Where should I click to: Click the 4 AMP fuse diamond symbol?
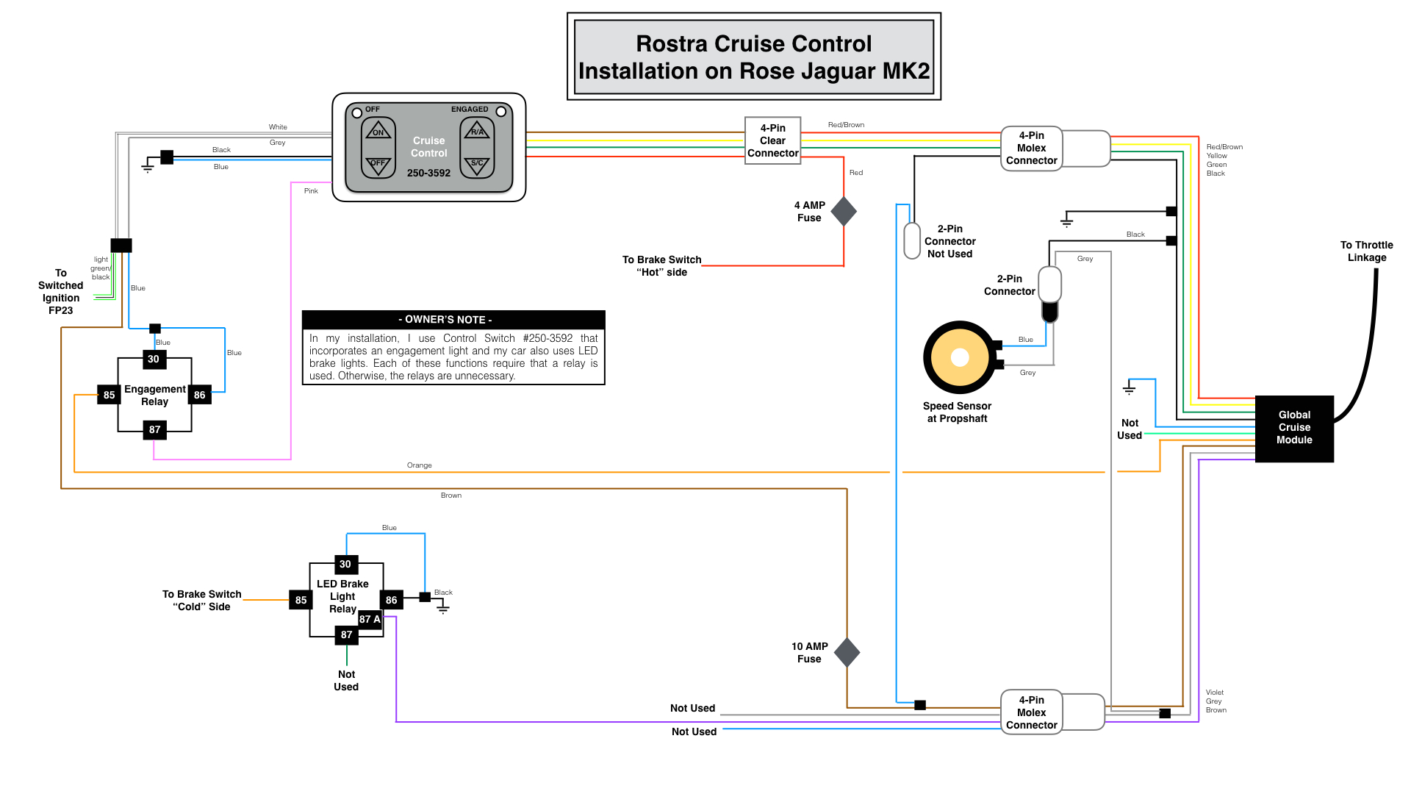pos(844,211)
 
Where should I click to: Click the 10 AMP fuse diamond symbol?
pos(847,652)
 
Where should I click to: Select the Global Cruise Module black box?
pos(1293,428)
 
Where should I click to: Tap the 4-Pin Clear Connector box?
pos(772,140)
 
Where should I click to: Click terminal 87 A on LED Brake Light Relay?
pos(370,619)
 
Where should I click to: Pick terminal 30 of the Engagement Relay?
pos(154,359)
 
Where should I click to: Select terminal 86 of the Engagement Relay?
pos(199,395)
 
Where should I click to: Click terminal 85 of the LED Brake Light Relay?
pos(301,600)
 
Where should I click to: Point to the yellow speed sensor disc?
pos(959,357)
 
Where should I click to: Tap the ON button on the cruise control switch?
pos(378,131)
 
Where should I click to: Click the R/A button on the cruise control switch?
pos(478,131)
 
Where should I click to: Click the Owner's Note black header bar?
pos(453,319)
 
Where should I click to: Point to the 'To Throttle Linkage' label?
pos(1366,251)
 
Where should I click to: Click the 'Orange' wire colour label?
pos(420,465)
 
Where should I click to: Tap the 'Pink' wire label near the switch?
pos(311,190)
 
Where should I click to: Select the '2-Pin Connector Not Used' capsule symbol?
pos(912,240)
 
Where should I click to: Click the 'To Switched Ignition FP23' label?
pos(61,291)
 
